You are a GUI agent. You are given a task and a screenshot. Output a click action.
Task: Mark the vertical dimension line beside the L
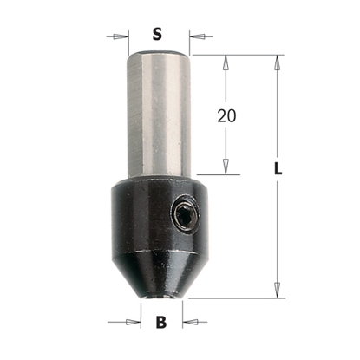coord(278,226)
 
